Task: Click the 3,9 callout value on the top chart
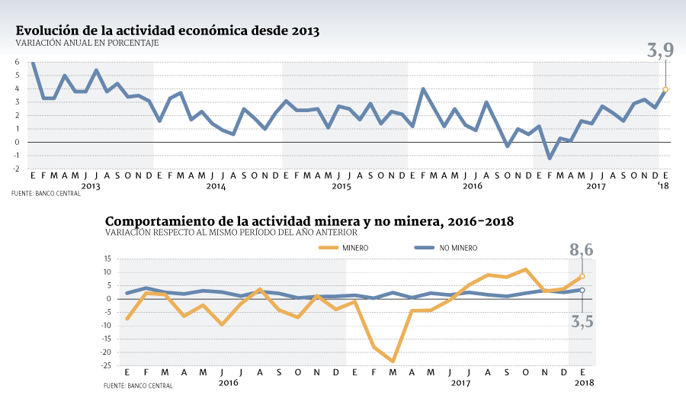660,50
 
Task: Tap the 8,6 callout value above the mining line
582,249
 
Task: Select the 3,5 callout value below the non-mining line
582,321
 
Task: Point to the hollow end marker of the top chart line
665,89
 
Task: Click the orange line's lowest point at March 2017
393,362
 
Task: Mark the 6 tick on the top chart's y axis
17,62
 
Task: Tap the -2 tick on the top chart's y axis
16,169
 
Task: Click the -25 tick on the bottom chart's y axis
107,365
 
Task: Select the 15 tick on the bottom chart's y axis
107,259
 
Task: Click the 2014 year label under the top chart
216,186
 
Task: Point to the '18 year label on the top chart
664,185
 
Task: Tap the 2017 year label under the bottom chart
460,383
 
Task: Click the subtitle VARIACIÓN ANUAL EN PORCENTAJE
87,43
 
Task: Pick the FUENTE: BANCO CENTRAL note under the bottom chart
138,386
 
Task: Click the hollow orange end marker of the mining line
582,276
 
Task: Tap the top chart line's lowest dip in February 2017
550,158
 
